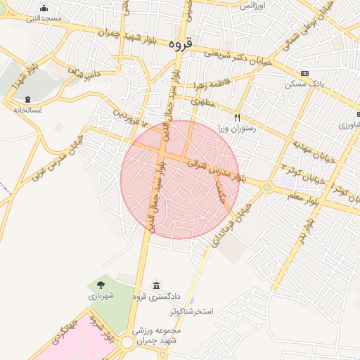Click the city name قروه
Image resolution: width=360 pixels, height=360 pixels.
pos(181,44)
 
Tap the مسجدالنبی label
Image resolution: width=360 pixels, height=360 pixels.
pos(44,18)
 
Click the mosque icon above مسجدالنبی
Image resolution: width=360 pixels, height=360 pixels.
pos(44,8)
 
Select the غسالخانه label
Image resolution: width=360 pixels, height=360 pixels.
pos(27,110)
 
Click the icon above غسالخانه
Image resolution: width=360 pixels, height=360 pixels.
pos(27,99)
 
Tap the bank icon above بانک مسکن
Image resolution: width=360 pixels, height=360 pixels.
pos(304,73)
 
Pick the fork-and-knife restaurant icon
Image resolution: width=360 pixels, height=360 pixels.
pos(238,117)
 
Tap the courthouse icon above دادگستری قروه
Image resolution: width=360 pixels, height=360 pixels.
pos(155,285)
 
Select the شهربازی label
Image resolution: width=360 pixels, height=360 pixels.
pos(101,297)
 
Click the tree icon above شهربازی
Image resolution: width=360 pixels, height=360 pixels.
pos(101,285)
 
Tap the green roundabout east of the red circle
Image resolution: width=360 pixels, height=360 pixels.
pos(266,187)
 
